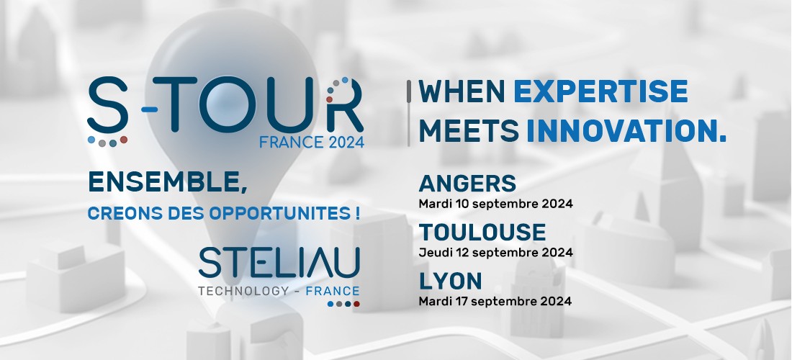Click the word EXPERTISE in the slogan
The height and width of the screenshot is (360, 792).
click(x=600, y=91)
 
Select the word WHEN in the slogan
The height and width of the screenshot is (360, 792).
click(x=462, y=91)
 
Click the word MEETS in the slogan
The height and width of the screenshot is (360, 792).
click(x=468, y=132)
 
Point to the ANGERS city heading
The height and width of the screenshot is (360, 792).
click(x=467, y=184)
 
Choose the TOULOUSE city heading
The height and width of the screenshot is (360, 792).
click(x=482, y=233)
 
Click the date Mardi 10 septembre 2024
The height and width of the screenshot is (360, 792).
click(x=495, y=204)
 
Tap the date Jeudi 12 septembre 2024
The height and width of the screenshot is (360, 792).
click(x=495, y=253)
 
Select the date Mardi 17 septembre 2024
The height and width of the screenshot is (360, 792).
click(x=495, y=302)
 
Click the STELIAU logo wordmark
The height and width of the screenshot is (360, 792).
click(x=279, y=263)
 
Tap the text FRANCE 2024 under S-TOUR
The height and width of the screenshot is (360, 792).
click(x=312, y=143)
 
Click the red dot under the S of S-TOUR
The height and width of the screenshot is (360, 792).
click(x=124, y=140)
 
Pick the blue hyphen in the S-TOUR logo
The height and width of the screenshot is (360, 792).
click(x=150, y=109)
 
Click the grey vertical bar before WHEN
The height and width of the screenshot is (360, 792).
click(x=409, y=114)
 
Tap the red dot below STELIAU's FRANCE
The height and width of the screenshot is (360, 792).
click(x=356, y=304)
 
